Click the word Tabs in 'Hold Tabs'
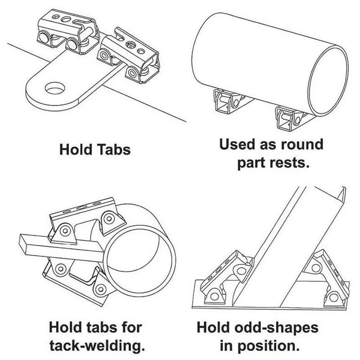tap(113, 149)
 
